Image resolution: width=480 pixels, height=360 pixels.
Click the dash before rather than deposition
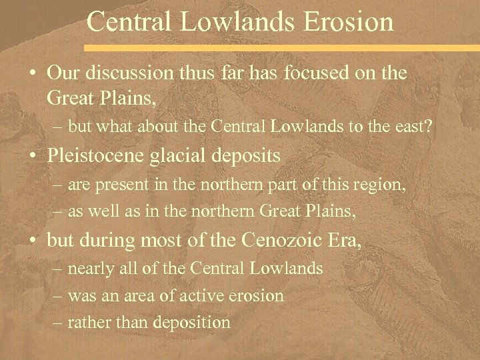(57, 323)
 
